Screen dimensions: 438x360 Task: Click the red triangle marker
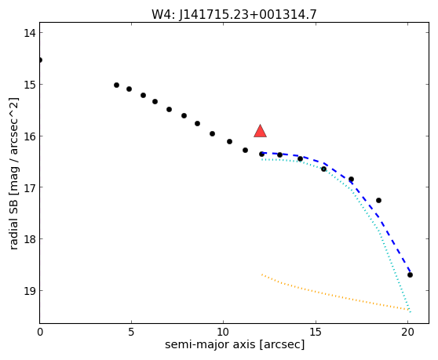[x=260, y=132]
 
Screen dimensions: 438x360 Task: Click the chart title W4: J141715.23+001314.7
[x=234, y=15]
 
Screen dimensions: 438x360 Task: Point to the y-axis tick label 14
[x=30, y=33]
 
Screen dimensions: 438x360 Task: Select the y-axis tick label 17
[x=30, y=187]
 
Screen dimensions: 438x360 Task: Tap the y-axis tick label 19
[x=30, y=291]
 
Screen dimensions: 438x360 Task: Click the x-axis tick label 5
[x=131, y=332]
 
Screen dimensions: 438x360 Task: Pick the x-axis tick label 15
[x=316, y=332]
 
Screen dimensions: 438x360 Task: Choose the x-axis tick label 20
[x=408, y=332]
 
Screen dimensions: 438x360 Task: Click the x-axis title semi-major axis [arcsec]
[x=235, y=345]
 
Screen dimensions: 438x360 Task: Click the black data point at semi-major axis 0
[x=40, y=60]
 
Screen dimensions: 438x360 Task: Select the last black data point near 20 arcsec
[x=410, y=275]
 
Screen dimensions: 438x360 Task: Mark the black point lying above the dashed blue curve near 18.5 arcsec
[x=379, y=200]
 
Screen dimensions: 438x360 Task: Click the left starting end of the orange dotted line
[x=261, y=275]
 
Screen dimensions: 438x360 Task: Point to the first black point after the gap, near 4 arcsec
[x=116, y=85]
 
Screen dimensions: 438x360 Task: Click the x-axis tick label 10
[x=224, y=332]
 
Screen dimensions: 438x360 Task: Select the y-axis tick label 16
[x=30, y=136]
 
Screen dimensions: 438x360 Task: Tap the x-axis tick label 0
[x=40, y=332]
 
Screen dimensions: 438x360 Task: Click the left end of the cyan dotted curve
[x=261, y=160]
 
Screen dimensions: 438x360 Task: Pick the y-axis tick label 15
[x=30, y=85]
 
